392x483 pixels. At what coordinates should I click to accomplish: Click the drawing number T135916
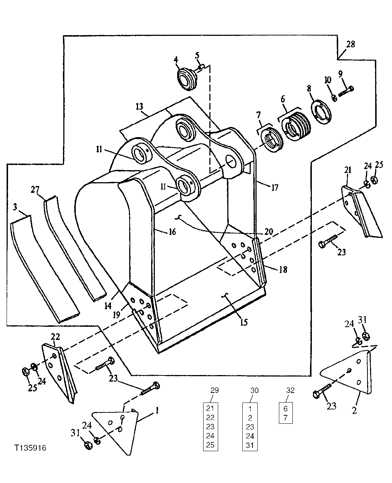tap(31, 448)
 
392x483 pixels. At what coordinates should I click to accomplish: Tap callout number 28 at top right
tap(350, 44)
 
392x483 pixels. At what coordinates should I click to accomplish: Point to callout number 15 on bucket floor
tap(244, 322)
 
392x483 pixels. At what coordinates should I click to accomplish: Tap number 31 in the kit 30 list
tap(250, 445)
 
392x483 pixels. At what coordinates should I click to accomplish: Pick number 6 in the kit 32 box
tap(285, 407)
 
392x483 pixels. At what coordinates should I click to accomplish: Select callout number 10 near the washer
tap(328, 79)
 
